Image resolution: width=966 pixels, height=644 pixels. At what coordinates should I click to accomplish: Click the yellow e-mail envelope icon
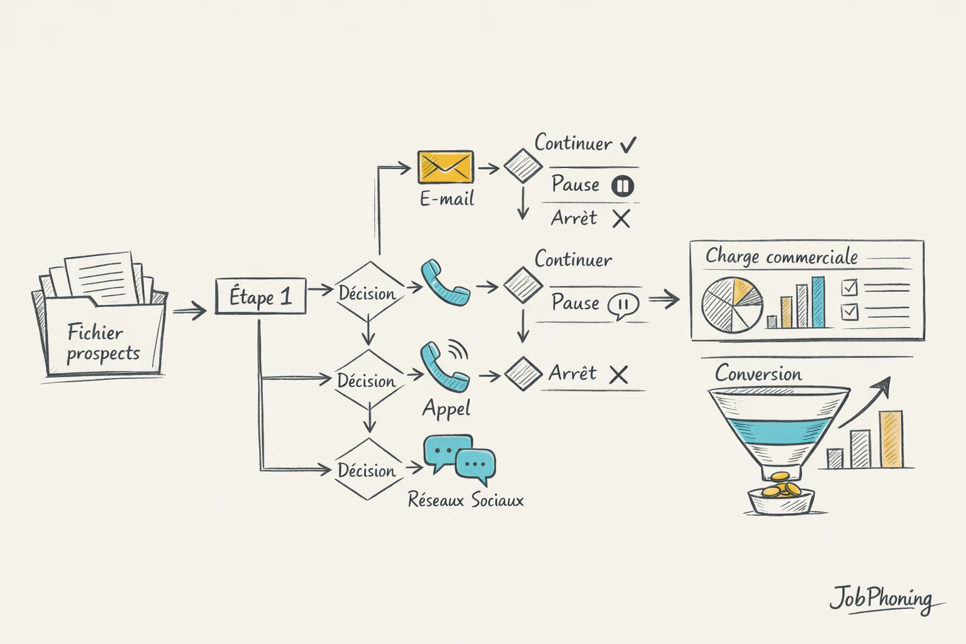[x=446, y=167]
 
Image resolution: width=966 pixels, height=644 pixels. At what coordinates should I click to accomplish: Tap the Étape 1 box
[x=260, y=296]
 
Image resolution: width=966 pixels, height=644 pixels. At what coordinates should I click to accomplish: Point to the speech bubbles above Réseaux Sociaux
[x=460, y=458]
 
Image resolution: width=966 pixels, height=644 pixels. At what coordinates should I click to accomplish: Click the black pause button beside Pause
[x=623, y=186]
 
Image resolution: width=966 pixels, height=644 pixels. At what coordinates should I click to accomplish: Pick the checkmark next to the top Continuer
[x=628, y=145]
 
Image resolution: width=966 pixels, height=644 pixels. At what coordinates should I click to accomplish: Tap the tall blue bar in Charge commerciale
[x=818, y=303]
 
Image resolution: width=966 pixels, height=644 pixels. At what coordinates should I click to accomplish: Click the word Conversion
[x=758, y=374]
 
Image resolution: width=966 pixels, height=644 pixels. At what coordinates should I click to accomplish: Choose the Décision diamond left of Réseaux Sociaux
[x=367, y=470]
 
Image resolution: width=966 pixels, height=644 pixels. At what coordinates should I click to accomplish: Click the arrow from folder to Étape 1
[x=189, y=310]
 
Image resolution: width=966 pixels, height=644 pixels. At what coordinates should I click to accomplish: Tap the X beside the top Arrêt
[x=621, y=219]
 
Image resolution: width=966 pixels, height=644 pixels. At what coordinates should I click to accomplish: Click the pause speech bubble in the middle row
[x=623, y=306]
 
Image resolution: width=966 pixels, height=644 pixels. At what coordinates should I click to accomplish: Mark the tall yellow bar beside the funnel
[x=891, y=439]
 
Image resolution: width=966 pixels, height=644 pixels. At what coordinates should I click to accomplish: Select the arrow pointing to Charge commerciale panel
[x=664, y=299]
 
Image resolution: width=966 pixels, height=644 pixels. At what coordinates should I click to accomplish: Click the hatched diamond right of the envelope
[x=523, y=167]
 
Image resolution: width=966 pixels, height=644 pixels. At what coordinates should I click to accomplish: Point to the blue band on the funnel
[x=777, y=431]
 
